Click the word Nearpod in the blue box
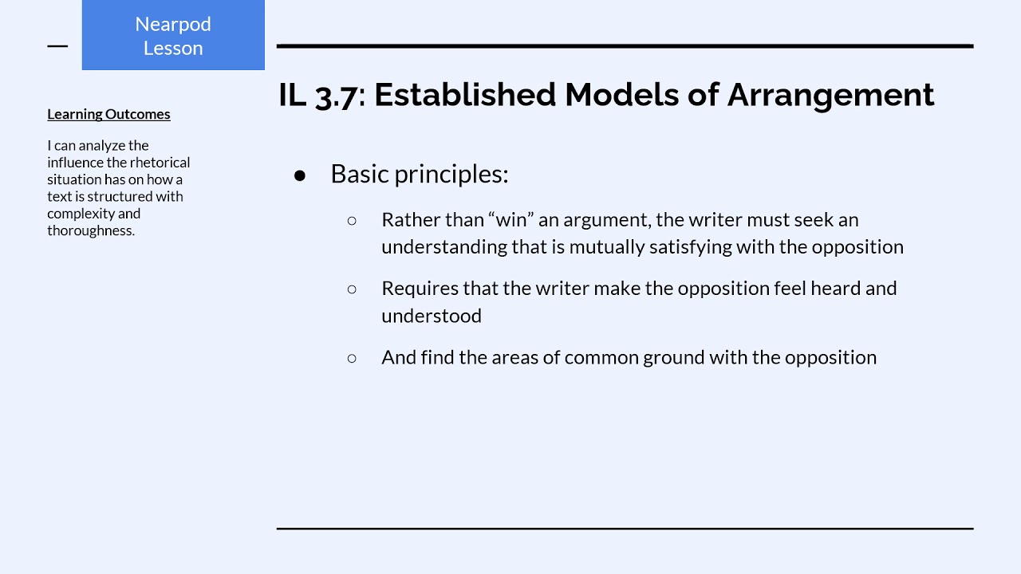coord(173,24)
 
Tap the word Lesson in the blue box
coord(173,48)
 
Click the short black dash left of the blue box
coord(57,46)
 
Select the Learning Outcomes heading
coord(108,114)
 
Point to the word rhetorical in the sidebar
coord(160,163)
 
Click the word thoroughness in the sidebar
coord(89,230)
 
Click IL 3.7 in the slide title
coord(317,95)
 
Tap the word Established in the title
coord(464,95)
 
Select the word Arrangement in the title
coord(830,95)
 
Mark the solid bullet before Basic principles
coord(300,175)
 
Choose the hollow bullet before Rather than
coord(352,220)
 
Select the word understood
coord(432,316)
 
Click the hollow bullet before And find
coord(352,358)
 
